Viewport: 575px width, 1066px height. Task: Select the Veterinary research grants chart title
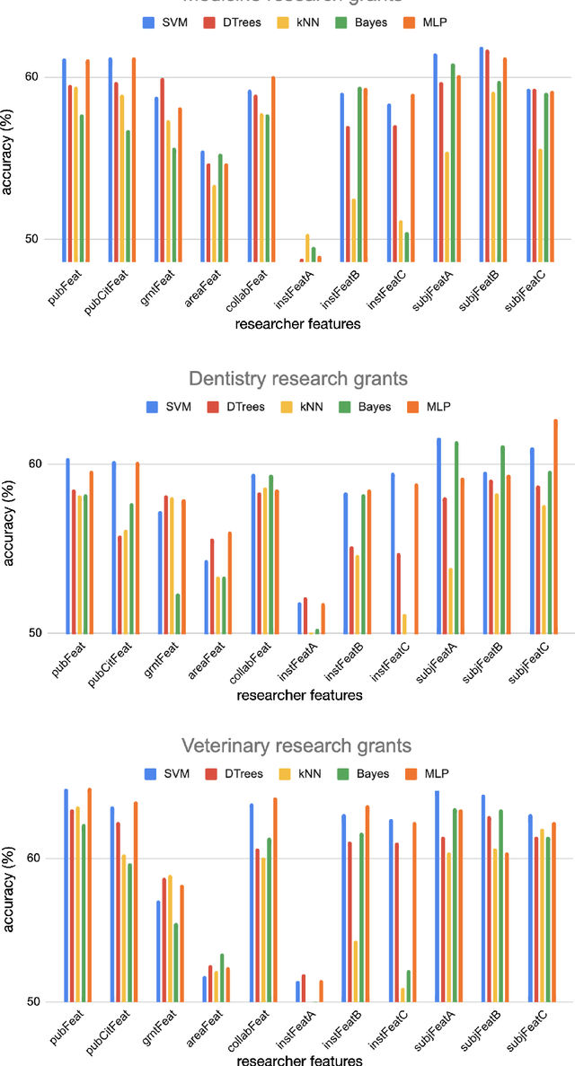click(296, 745)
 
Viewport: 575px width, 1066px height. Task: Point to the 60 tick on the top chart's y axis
click(32, 76)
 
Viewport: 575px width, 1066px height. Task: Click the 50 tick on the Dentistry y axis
click(32, 633)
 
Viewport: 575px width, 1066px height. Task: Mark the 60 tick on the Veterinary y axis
click(32, 859)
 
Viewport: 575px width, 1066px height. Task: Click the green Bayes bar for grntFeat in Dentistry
click(178, 613)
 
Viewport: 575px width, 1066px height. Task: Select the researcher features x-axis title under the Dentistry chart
click(299, 695)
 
